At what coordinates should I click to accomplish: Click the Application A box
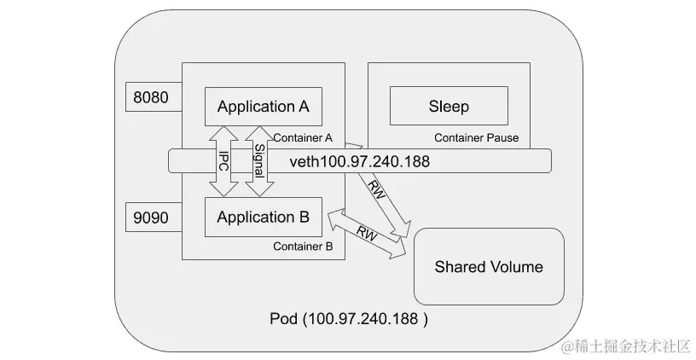point(263,107)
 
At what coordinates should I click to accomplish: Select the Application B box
point(263,217)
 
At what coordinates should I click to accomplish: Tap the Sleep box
point(449,107)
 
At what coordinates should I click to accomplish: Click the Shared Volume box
point(489,266)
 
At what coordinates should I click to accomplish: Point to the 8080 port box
point(153,97)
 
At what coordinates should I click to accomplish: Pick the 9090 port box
point(153,217)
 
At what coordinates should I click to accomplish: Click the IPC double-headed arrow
point(223,160)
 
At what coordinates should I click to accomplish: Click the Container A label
point(303,137)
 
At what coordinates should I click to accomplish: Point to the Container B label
point(303,247)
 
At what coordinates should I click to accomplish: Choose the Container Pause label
point(476,137)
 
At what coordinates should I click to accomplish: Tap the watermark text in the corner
point(624,345)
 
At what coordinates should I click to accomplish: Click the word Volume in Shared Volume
point(514,266)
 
